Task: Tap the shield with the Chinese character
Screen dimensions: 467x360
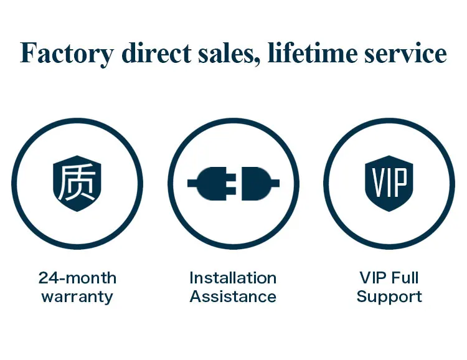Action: pyautogui.click(x=77, y=183)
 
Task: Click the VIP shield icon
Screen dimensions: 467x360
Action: pyautogui.click(x=389, y=183)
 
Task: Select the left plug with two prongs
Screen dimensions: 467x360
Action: pyautogui.click(x=215, y=183)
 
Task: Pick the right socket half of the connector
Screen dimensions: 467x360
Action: pyautogui.click(x=253, y=183)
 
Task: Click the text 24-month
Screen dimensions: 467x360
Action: pyautogui.click(x=77, y=278)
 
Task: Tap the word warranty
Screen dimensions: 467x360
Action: pyautogui.click(x=77, y=296)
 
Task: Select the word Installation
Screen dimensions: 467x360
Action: pyautogui.click(x=233, y=278)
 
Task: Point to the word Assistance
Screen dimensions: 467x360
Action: pyautogui.click(x=233, y=296)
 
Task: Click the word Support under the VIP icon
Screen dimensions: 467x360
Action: pyautogui.click(x=389, y=296)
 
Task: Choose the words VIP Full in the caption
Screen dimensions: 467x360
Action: pyautogui.click(x=389, y=278)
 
